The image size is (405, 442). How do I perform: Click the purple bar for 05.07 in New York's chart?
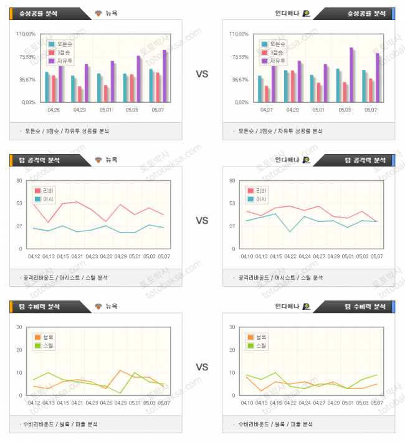point(164,75)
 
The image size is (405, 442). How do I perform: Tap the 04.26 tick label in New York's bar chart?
point(54,110)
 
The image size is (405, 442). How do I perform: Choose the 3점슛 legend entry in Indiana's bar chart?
point(273,52)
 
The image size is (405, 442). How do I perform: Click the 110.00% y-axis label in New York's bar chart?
point(26,34)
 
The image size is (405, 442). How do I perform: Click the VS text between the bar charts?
point(202,74)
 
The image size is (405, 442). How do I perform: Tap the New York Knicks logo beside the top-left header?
point(98,13)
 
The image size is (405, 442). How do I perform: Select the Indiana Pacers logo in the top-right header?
point(307,13)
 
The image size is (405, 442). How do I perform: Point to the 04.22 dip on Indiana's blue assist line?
point(290,232)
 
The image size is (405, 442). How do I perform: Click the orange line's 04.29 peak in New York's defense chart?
point(120,370)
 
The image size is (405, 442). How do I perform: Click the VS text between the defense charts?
point(202,367)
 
